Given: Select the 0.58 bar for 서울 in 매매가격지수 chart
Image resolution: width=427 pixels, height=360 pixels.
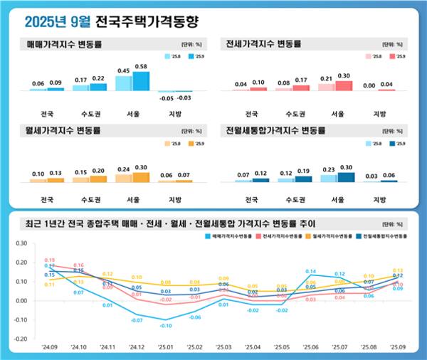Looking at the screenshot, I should [x=141, y=81].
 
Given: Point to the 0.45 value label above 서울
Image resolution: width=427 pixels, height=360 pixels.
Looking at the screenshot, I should [x=123, y=70].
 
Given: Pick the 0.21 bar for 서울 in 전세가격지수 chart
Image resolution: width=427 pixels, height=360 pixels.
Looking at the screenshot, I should [x=327, y=87].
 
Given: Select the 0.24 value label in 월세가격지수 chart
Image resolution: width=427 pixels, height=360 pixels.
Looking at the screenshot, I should [x=123, y=170].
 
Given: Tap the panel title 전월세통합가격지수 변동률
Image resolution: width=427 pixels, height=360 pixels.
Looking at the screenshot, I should [x=275, y=131].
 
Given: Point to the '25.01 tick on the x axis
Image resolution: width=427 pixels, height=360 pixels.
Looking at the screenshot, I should [x=166, y=347].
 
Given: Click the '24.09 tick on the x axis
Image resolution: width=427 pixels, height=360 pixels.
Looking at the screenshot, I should [x=50, y=347].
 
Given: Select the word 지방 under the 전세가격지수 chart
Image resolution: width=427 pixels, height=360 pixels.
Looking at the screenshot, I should [x=379, y=113].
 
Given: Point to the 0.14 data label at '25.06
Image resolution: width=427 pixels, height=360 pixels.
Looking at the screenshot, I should [x=311, y=272].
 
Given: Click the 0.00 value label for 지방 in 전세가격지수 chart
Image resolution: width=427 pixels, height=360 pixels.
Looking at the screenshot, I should [x=369, y=85].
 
